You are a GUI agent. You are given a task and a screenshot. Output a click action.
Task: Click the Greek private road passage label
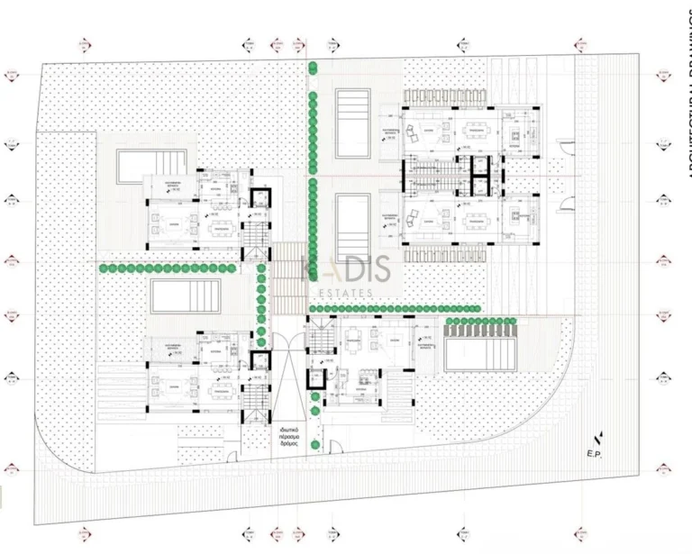[x=296, y=439]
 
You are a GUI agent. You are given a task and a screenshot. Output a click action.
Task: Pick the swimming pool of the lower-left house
[x=186, y=295]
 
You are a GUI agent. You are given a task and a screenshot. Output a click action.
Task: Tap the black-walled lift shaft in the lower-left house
[x=260, y=360]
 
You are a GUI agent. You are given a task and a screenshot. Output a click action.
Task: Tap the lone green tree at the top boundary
[x=313, y=67]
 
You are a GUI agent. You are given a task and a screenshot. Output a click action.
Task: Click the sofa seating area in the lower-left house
[x=169, y=391]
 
